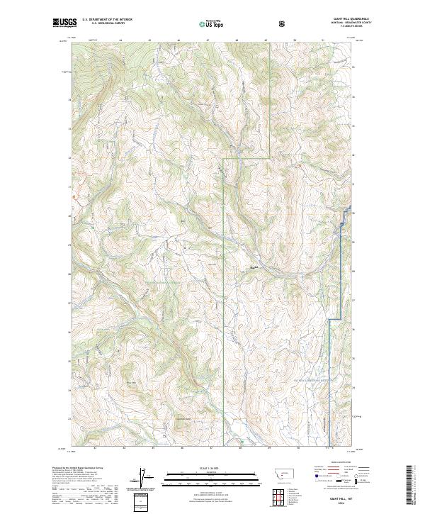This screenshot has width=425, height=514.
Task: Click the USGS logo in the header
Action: coord(64,23)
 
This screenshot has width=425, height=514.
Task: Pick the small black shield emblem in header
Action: coord(283,24)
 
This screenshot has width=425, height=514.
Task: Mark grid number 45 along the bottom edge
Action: coord(152,449)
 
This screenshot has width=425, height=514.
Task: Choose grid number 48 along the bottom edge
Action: coord(240,449)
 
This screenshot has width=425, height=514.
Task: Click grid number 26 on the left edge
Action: coord(69,332)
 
